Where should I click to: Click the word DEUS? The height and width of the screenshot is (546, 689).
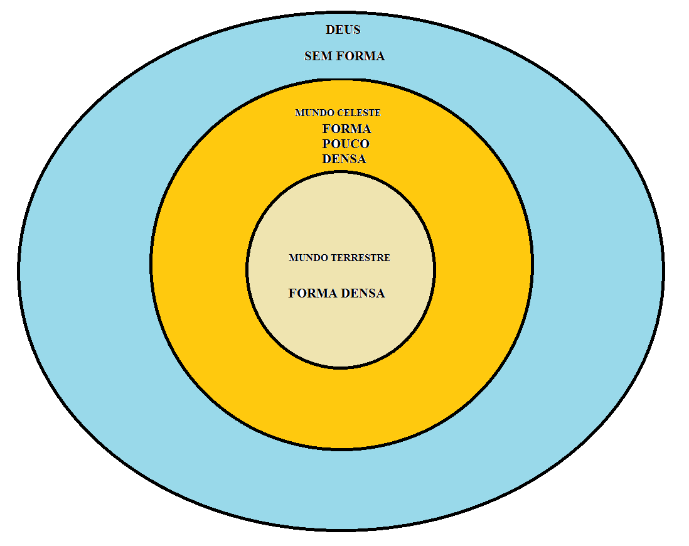click(343, 29)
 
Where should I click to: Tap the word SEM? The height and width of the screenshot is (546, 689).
click(319, 56)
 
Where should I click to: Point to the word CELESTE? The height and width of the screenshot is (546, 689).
click(358, 113)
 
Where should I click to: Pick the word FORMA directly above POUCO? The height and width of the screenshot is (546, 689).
click(346, 129)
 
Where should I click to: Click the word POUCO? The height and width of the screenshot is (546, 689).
click(346, 144)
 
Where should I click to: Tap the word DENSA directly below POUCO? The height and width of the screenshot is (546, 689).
click(344, 159)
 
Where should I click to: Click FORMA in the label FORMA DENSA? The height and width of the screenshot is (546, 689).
click(312, 293)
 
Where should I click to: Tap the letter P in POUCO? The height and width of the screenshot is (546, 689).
click(327, 144)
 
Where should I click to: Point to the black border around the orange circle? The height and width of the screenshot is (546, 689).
click(151, 264)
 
